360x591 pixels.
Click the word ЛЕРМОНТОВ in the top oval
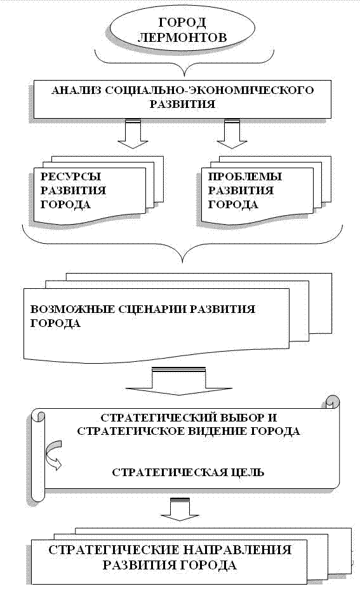(x=182, y=37)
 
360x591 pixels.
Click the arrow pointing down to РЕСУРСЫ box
(x=133, y=134)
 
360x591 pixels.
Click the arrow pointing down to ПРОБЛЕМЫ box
(x=232, y=134)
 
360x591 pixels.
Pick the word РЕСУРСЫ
(x=71, y=176)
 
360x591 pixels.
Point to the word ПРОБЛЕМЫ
(x=245, y=176)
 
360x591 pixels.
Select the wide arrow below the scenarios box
(x=178, y=382)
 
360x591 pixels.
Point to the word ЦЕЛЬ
(x=245, y=472)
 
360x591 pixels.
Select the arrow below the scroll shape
(x=180, y=509)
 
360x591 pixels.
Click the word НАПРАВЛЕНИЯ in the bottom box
(x=237, y=550)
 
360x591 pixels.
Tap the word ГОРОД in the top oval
(x=182, y=23)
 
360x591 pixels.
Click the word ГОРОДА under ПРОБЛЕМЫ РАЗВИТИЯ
(x=233, y=204)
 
